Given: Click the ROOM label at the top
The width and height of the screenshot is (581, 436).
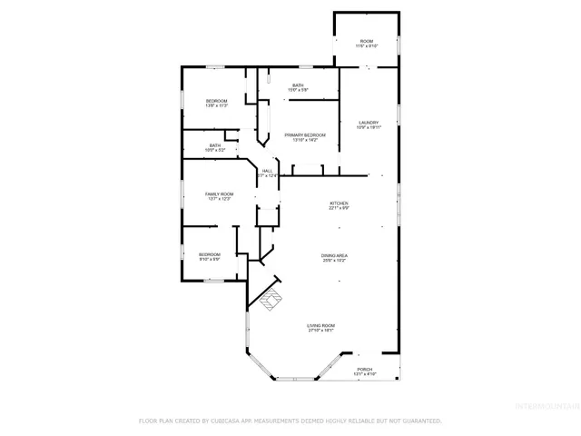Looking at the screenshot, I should click(367, 41).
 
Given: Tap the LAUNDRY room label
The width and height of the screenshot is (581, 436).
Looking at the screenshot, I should click(368, 123).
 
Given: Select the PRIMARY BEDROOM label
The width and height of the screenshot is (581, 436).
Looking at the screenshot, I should click(304, 134).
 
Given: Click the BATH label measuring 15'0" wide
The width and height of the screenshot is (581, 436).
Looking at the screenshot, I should click(298, 85).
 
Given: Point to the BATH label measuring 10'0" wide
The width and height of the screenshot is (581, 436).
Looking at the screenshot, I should click(215, 144).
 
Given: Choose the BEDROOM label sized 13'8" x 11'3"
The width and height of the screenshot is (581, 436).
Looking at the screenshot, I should click(216, 100).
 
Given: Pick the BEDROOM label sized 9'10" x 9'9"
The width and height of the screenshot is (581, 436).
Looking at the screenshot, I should click(210, 254).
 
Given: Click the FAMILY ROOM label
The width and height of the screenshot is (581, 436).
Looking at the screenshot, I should click(219, 193).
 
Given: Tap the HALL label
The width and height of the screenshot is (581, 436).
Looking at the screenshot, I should click(267, 171).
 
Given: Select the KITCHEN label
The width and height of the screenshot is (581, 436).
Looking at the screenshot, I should click(339, 203).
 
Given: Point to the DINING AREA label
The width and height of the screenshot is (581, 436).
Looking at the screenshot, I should click(334, 256).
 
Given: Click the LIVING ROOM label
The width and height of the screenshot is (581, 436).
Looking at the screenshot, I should click(320, 325).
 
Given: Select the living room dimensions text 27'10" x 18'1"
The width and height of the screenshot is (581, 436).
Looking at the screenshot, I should click(320, 331).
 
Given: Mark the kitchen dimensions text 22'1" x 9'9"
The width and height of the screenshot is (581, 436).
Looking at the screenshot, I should click(339, 208).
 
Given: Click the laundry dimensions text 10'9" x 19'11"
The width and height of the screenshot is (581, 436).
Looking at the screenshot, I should click(368, 128).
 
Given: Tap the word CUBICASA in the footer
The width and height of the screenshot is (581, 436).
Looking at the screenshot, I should click(224, 421).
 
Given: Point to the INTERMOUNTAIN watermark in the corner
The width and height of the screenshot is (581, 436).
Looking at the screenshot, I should click(547, 405).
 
